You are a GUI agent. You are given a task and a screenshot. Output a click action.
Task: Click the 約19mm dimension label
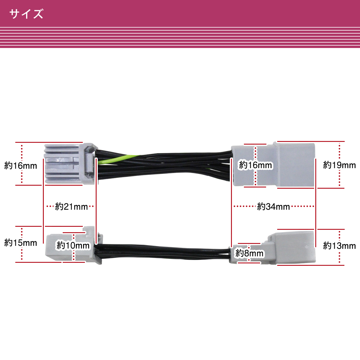pyautogui.click(x=339, y=165)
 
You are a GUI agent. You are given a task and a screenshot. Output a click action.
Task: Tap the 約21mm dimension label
pyautogui.click(x=71, y=207)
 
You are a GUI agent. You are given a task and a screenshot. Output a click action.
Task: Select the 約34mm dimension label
pyautogui.click(x=273, y=207)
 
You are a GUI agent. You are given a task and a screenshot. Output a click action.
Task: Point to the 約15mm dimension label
pyautogui.click(x=21, y=243)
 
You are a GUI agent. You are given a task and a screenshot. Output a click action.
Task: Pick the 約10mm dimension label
pyautogui.click(x=73, y=245)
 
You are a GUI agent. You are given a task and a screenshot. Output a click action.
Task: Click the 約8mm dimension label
pyautogui.click(x=249, y=253)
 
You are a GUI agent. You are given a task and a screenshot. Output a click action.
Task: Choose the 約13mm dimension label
pyautogui.click(x=339, y=245)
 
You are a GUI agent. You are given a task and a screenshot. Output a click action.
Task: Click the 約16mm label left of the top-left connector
pyautogui.click(x=21, y=166)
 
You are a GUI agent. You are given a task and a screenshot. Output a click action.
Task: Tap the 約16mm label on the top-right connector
pyautogui.click(x=256, y=165)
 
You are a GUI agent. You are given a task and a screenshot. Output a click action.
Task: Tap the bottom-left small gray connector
pyautogui.click(x=74, y=245)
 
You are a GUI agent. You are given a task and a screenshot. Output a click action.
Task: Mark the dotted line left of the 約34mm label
pyautogui.click(x=245, y=206)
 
